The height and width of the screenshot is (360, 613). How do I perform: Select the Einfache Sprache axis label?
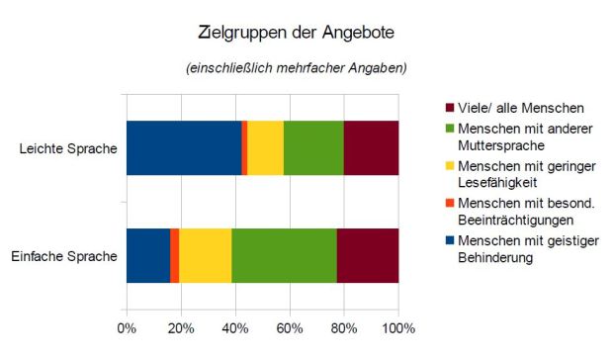pyautogui.click(x=64, y=256)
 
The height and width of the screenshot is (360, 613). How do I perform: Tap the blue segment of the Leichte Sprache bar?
pyautogui.click(x=184, y=148)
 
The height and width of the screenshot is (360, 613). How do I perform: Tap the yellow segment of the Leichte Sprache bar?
pyautogui.click(x=265, y=148)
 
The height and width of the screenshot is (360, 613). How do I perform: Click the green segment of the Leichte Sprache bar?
pyautogui.click(x=313, y=148)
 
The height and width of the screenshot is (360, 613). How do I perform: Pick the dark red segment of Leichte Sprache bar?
pyautogui.click(x=371, y=148)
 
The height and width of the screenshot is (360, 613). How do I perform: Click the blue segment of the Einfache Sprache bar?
pyautogui.click(x=148, y=256)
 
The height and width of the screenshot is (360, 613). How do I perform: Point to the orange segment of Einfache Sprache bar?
pyautogui.click(x=175, y=256)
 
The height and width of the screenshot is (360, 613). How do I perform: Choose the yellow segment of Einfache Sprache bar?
pyautogui.click(x=205, y=256)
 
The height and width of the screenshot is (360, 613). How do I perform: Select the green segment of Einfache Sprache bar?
pyautogui.click(x=284, y=256)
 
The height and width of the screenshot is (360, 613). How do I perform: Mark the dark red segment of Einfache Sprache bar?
pyautogui.click(x=367, y=256)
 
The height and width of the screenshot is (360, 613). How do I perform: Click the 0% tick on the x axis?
pyautogui.click(x=127, y=327)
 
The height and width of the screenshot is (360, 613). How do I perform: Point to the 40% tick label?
pyautogui.click(x=235, y=327)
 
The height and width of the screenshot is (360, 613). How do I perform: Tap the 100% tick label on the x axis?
pyautogui.click(x=397, y=327)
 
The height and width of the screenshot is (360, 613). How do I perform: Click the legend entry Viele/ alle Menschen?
pyautogui.click(x=514, y=107)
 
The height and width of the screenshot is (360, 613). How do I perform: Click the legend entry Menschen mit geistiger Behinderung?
pyautogui.click(x=519, y=248)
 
